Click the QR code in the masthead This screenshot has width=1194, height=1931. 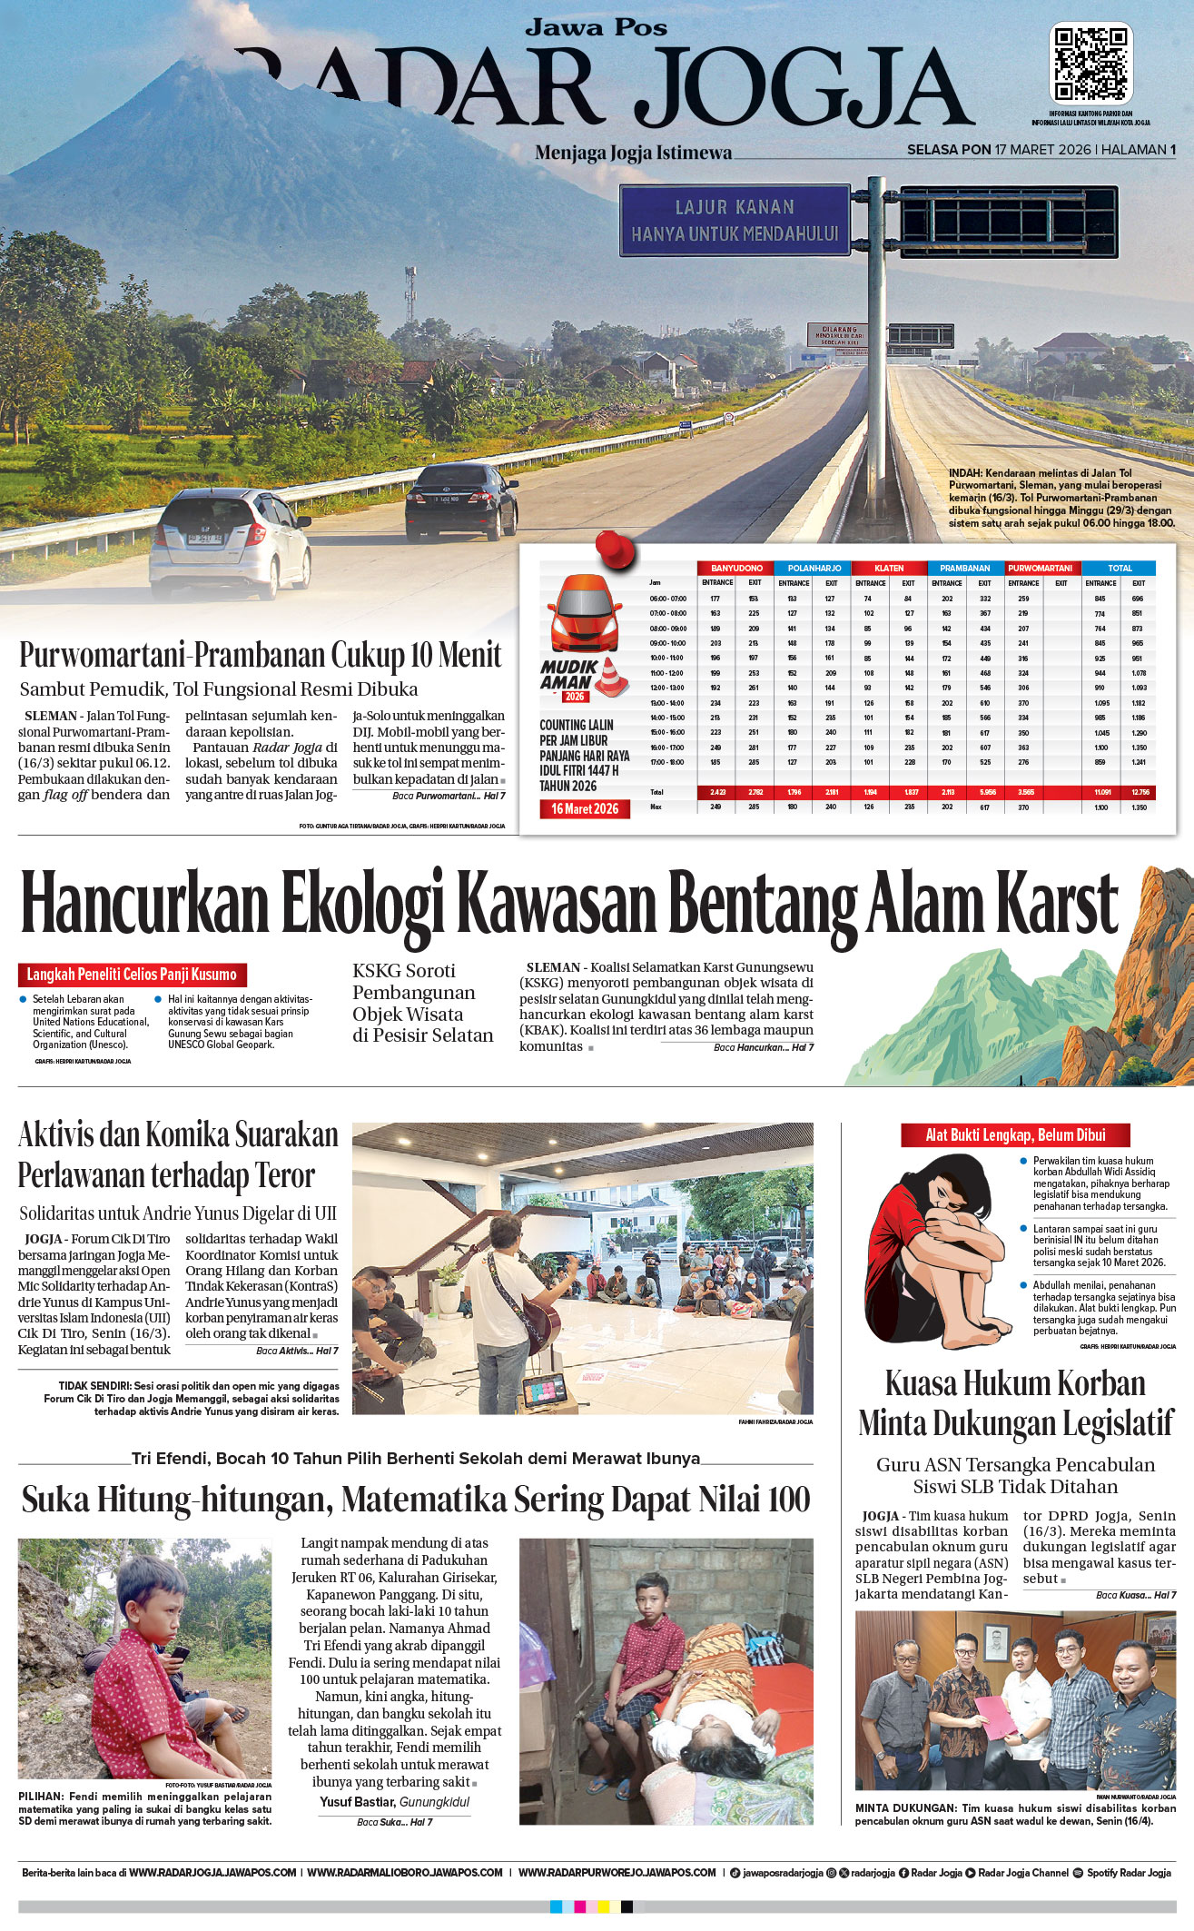click(1090, 64)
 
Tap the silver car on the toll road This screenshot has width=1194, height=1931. click(232, 543)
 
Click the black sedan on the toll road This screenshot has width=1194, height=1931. click(461, 499)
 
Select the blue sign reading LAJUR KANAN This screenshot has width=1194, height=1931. click(735, 221)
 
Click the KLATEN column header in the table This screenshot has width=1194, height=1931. click(889, 568)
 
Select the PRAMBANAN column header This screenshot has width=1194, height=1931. click(964, 568)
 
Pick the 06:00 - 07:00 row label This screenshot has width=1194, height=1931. click(667, 599)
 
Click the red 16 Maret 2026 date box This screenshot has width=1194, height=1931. click(585, 808)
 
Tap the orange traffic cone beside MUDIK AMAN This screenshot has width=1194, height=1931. click(613, 677)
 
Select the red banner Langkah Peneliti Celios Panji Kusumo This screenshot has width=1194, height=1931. click(132, 975)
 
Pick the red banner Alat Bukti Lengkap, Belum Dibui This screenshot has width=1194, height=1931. click(1015, 1134)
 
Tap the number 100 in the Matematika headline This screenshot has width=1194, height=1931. click(786, 1500)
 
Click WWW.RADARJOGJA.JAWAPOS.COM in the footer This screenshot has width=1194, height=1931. click(212, 1872)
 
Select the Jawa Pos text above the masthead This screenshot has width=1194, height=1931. click(596, 28)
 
